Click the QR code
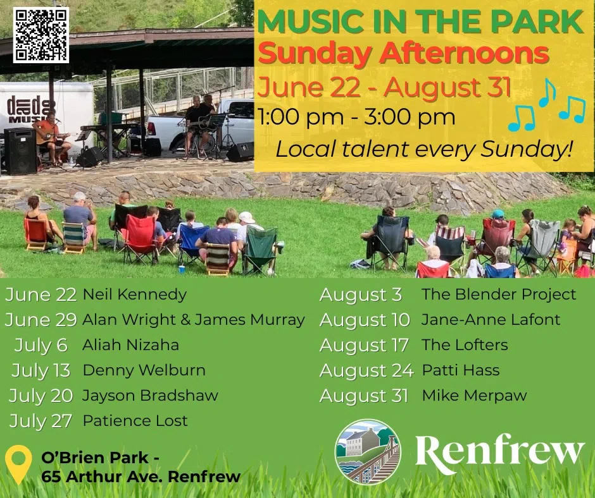pos(41,35)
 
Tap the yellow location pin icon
pos(18,464)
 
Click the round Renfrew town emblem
pos(368,452)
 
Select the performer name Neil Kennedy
pos(135,295)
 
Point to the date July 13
pos(41,371)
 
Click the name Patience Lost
pos(135,421)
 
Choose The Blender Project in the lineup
pos(499,295)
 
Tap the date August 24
pos(366,371)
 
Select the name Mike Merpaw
pos(474,396)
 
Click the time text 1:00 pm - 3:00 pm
pos(356,117)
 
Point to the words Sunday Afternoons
pos(403,54)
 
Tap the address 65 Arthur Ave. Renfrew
pos(141,477)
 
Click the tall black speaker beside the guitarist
pos(20,151)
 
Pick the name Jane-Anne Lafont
pos(491,320)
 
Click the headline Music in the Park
pos(420,22)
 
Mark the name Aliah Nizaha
pos(130,345)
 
